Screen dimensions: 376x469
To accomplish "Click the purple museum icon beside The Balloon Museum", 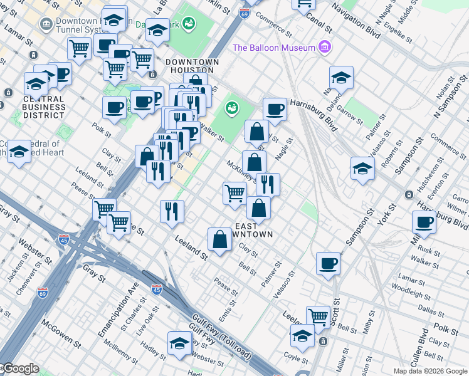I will click(324, 48).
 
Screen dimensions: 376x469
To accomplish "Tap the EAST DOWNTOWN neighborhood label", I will click(254, 230).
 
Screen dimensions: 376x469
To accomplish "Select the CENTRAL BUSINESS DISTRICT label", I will click(44, 107).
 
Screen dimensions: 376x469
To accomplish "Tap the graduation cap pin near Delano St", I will click(340, 78).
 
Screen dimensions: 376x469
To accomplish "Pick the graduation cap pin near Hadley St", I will click(179, 343).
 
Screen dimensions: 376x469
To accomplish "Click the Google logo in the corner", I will click(20, 368).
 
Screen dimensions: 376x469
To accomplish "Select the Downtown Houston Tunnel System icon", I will click(46, 24).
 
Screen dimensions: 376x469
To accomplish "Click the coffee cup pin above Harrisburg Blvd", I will click(275, 110).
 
